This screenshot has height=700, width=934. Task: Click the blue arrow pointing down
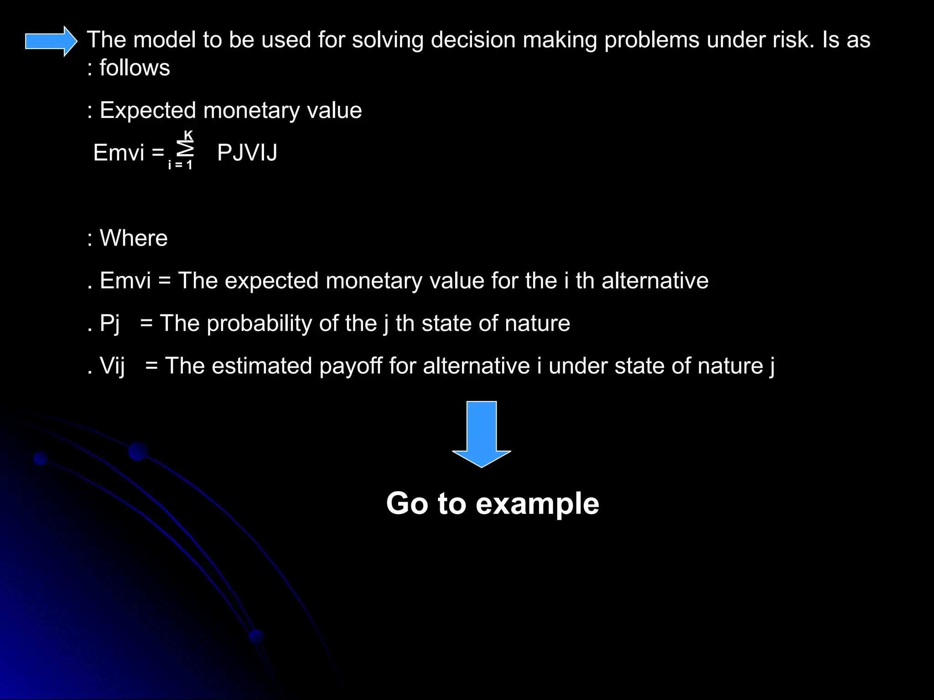[481, 433]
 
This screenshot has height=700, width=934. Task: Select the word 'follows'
[135, 68]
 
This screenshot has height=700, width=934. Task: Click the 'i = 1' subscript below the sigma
[180, 165]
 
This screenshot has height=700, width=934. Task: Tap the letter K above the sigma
[188, 135]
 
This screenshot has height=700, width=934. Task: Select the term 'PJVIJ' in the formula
[247, 153]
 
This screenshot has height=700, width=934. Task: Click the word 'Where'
[134, 238]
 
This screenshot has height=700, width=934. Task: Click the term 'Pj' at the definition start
[110, 324]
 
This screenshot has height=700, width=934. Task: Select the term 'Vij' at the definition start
[112, 366]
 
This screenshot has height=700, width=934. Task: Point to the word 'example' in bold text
[537, 504]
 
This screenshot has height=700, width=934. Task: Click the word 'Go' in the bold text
[407, 504]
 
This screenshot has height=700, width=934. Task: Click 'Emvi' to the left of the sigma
[119, 153]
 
